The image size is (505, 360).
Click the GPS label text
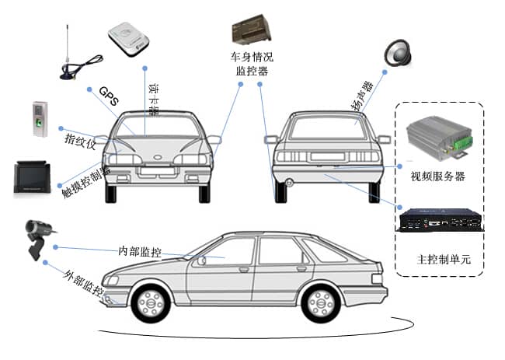tap(110, 96)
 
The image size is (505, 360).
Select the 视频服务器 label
tap(437, 176)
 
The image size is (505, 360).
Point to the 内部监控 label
tap(140, 251)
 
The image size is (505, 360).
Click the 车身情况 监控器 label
tap(252, 65)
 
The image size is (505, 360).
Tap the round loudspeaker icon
tap(399, 53)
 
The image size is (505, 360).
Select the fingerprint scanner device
tap(40, 118)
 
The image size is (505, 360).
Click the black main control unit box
tap(440, 221)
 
